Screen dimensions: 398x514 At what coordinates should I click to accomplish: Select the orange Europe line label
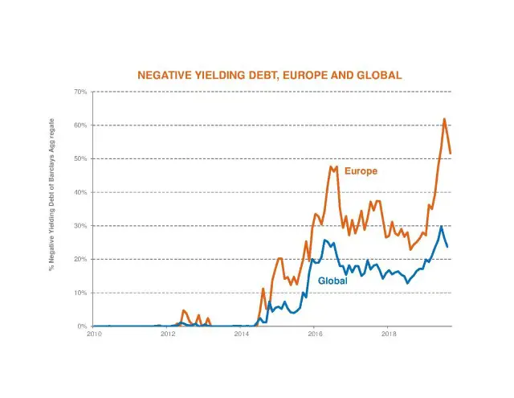coord(361,171)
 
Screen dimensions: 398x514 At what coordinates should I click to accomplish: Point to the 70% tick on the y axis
coord(80,92)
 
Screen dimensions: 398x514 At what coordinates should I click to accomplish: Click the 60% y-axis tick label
coord(80,125)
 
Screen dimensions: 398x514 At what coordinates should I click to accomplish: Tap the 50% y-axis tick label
coord(80,158)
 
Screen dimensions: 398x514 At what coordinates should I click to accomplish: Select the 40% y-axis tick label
coord(80,192)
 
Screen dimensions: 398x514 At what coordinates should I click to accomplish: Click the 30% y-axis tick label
coord(80,226)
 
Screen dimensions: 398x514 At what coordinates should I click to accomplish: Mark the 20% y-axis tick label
coord(80,259)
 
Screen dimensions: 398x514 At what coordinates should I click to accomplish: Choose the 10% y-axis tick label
coord(80,293)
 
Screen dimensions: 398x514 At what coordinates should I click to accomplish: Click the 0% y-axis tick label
coord(83,326)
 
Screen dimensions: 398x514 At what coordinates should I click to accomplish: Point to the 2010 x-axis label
coord(94,333)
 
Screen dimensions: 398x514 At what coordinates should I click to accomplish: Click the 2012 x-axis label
coord(168,333)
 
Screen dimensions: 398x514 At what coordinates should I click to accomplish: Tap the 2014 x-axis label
coord(242,333)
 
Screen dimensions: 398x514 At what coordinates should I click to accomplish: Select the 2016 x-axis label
coord(315,333)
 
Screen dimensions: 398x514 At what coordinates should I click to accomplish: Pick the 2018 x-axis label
coord(389,333)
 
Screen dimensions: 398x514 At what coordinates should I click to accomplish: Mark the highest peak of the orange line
coord(444,119)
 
